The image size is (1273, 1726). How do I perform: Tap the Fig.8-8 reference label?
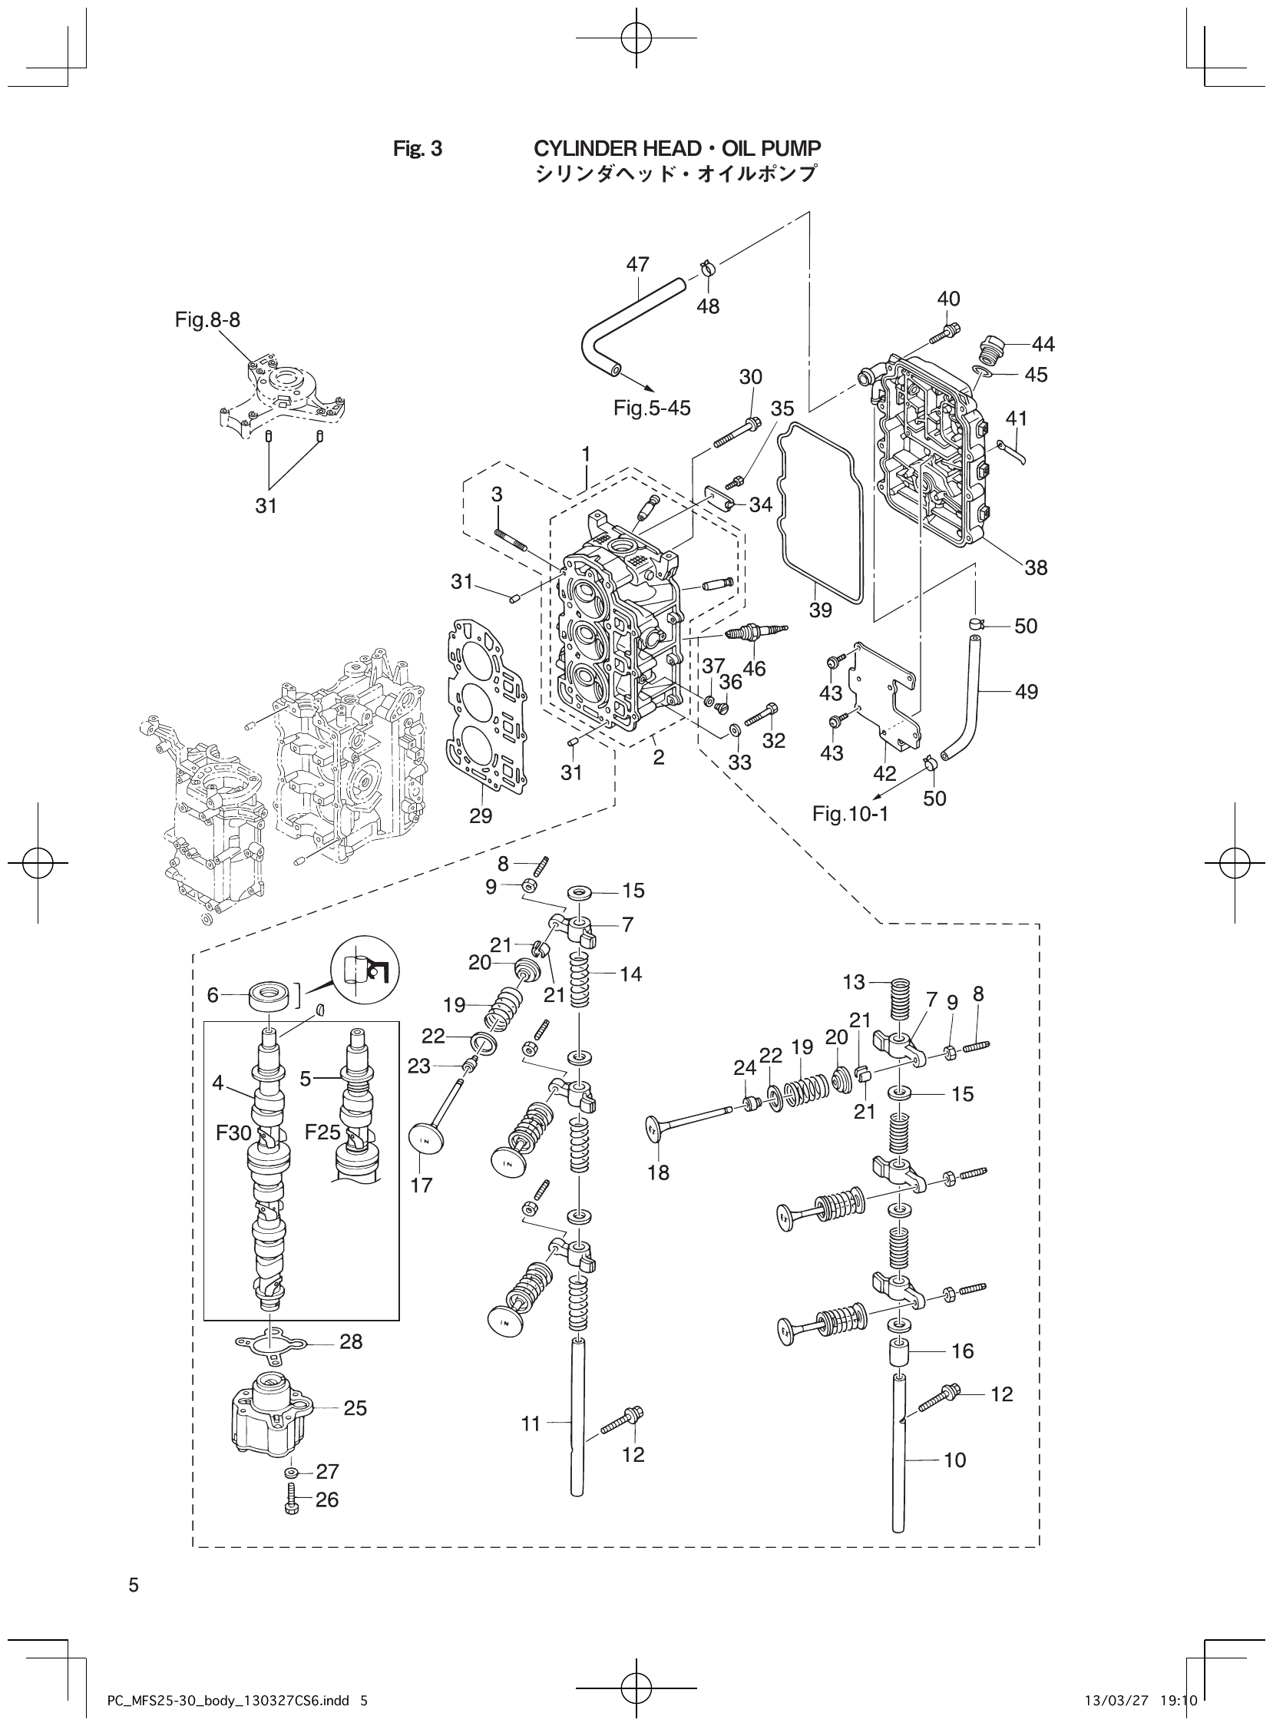click(x=207, y=319)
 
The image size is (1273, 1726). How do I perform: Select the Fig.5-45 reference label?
click(x=652, y=408)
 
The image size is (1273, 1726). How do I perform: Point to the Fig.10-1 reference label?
click(x=850, y=814)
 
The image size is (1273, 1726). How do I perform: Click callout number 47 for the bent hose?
click(x=637, y=264)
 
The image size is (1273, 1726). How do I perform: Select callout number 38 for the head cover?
click(x=1036, y=568)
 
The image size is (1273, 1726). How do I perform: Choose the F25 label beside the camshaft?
click(x=322, y=1132)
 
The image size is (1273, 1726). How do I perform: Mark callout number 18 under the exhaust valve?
click(x=659, y=1172)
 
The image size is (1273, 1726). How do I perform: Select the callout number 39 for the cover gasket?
click(x=821, y=610)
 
